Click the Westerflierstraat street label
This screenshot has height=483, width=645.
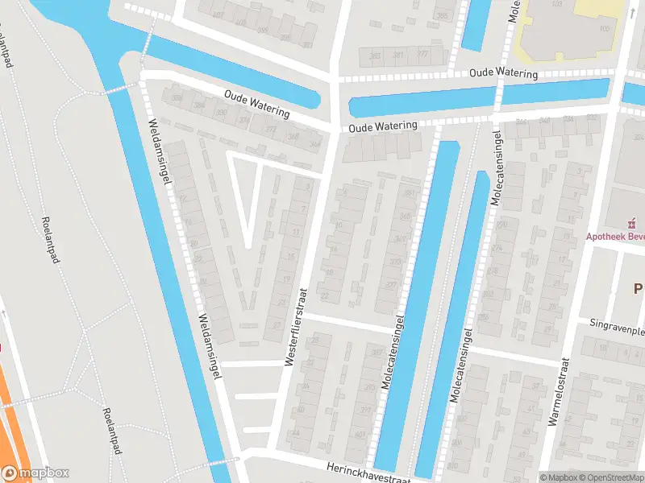coord(295,328)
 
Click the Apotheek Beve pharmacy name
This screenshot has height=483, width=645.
coord(614,237)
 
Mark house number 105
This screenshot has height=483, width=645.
coord(605,28)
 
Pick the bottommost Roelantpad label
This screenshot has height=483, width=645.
coord(111,431)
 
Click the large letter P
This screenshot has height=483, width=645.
coord(638,290)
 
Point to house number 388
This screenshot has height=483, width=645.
coord(177,97)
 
